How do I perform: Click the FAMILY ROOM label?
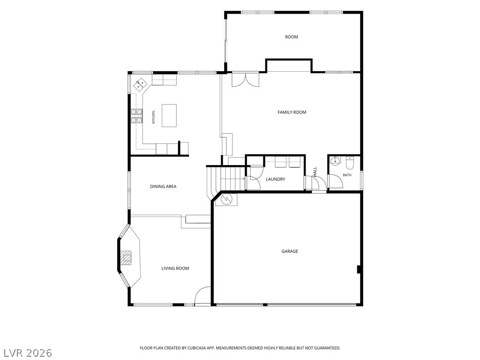292,112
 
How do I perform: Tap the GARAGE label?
290,251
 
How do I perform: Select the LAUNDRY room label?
276,179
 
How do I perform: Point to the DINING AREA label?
163,187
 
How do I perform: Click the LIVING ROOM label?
175,269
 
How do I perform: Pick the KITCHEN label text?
154,117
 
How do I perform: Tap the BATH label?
347,175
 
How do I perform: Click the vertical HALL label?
315,172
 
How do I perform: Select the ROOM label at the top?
292,37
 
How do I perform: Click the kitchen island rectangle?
169,116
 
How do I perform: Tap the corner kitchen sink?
141,84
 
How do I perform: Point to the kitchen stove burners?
137,116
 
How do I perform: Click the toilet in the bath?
349,163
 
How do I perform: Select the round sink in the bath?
336,161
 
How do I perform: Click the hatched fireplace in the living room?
126,258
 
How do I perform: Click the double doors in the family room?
246,80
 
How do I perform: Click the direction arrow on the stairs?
232,179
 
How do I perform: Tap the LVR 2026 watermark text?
26,353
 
